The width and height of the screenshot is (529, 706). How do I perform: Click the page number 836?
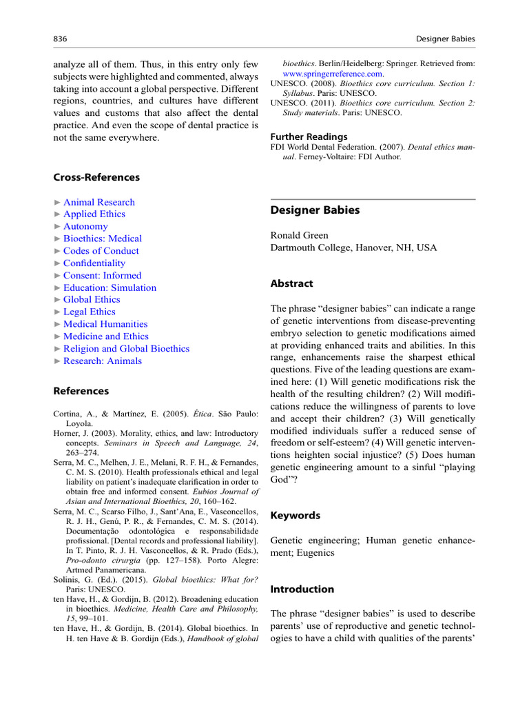pyautogui.click(x=60, y=39)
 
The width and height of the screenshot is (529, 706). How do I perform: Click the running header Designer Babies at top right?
pyautogui.click(x=446, y=39)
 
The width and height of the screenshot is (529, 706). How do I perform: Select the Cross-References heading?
pyautogui.click(x=96, y=177)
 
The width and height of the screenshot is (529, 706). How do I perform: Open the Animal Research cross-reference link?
pyautogui.click(x=98, y=202)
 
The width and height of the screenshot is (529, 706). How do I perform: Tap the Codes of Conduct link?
pyautogui.click(x=101, y=251)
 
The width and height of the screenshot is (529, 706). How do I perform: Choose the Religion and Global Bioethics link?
pyautogui.click(x=126, y=349)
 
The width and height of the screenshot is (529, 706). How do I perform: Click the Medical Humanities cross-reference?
pyautogui.click(x=105, y=324)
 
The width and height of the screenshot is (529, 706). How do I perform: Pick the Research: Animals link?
pyautogui.click(x=103, y=361)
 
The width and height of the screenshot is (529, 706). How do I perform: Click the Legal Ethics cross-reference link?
pyautogui.click(x=90, y=312)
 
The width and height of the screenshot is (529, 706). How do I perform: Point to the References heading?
pyautogui.click(x=82, y=391)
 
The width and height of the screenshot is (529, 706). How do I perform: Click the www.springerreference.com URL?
pyautogui.click(x=333, y=73)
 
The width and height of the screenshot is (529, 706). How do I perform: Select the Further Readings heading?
pyautogui.click(x=309, y=137)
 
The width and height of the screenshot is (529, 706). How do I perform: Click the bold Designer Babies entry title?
pyautogui.click(x=315, y=210)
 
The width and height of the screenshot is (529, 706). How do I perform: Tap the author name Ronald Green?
pyautogui.click(x=299, y=235)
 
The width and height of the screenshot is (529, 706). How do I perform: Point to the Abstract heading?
pyautogui.click(x=291, y=283)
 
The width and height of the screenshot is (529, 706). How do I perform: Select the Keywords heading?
pyautogui.click(x=295, y=516)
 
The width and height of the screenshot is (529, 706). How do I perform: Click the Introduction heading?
pyautogui.click(x=302, y=589)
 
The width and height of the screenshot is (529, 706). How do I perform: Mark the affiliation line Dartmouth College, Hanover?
pyautogui.click(x=353, y=248)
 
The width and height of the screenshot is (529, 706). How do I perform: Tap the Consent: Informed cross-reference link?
pyautogui.click(x=102, y=275)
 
